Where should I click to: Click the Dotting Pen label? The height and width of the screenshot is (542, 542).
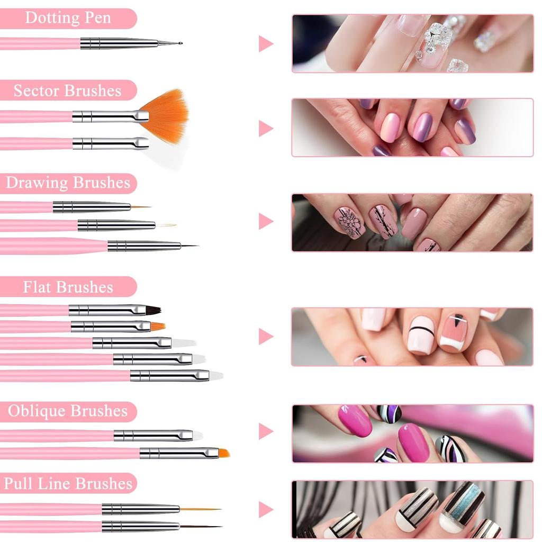pos(68,18)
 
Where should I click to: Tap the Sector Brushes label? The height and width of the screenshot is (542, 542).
pos(68,91)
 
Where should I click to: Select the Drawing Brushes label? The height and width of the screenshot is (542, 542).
pos(68,183)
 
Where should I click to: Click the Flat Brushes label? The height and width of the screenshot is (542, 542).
pos(68,287)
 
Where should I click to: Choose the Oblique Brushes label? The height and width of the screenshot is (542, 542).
pos(68,411)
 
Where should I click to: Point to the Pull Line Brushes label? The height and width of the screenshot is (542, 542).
pos(68,483)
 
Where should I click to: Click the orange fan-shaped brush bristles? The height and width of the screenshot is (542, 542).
pos(167,114)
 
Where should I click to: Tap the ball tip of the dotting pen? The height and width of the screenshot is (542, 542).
pos(180,43)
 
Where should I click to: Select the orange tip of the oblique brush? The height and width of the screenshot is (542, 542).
pos(224,453)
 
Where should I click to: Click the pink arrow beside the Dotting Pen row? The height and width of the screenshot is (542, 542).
pos(265,43)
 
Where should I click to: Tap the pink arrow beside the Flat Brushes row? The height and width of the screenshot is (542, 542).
pos(265,336)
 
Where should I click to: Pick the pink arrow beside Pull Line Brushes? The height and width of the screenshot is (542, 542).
pos(265,510)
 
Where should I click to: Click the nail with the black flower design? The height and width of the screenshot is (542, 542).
pos(349,222)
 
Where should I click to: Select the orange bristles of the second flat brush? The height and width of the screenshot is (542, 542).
pos(157,327)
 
